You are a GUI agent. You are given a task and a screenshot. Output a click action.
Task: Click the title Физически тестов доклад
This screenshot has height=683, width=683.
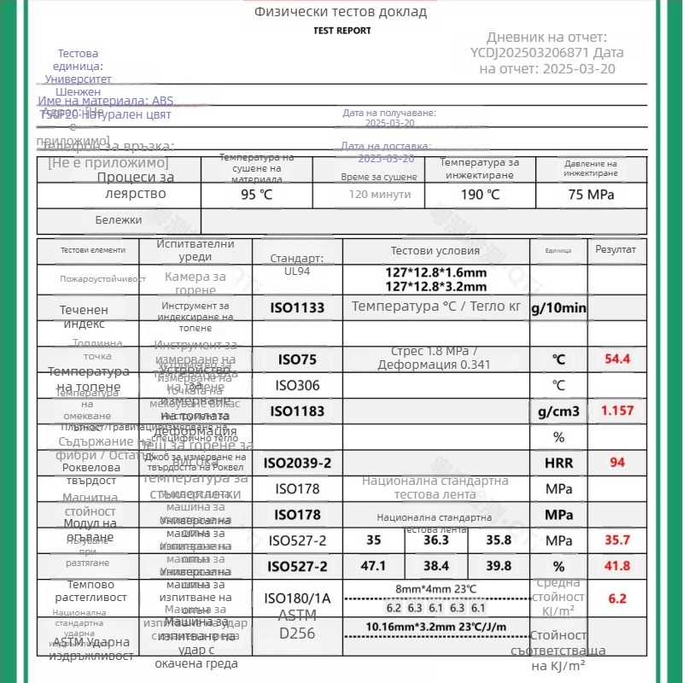340,12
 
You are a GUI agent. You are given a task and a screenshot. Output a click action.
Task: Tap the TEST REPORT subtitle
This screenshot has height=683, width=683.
342,31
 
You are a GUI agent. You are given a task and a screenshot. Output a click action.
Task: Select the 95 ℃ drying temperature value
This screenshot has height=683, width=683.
257,194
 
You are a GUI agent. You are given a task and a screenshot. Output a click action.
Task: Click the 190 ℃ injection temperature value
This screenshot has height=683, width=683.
481,194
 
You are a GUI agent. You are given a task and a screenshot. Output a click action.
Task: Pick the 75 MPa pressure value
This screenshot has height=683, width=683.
591,194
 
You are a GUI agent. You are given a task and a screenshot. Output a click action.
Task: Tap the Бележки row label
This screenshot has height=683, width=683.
119,220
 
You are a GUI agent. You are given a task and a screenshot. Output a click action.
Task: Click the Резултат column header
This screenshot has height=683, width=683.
616,249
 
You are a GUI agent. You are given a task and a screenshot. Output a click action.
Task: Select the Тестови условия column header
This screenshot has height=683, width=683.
435,251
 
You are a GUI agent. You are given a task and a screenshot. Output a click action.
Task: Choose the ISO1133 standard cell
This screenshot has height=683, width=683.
297,307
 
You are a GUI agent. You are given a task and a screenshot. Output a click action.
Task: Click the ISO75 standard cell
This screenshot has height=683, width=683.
297,359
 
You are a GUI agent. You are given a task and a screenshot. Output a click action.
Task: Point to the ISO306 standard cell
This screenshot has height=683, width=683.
297,386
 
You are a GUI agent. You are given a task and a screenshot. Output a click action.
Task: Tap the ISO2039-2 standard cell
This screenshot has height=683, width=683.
297,463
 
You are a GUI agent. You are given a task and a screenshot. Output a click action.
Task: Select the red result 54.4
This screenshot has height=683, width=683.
617,359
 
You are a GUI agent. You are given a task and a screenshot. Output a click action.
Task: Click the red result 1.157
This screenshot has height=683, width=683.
617,411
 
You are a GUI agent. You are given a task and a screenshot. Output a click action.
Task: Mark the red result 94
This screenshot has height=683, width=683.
617,463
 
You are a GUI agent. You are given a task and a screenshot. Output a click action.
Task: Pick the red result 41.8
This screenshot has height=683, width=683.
617,566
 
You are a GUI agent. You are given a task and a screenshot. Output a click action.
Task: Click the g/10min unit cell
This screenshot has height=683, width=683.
559,307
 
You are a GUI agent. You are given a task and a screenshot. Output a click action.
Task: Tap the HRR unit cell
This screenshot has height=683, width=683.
559,463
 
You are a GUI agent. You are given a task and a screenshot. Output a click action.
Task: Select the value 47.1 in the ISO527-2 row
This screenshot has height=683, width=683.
374,566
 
